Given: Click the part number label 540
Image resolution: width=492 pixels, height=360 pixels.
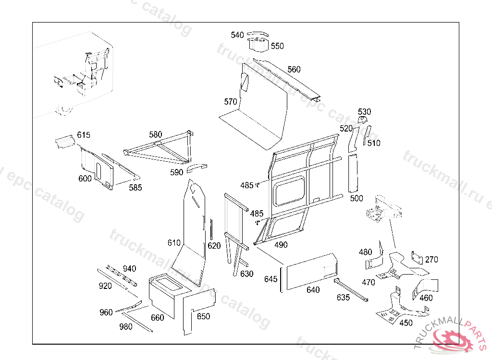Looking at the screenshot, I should coord(237,35).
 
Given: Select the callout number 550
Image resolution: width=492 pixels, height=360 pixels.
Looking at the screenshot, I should coord(277,46).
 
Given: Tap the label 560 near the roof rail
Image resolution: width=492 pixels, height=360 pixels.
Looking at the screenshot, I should coord(294,70).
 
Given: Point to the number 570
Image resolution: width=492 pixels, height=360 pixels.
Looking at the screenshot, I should coord(231,102).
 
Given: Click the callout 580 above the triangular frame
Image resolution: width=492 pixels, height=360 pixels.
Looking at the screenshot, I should coord(156,135).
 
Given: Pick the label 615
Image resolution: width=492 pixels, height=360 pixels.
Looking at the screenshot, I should coord(84,135).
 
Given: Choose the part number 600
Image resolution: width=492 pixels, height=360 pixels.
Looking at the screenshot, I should coord(85,179).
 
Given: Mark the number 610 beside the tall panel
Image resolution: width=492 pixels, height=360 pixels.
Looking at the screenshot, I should coord(174,243).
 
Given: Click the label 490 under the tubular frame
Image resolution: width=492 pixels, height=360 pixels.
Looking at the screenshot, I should coord(281,245).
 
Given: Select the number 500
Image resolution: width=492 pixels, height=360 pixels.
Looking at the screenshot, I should coord(357,199).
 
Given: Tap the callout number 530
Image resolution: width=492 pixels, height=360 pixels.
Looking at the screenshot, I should coord(365,112).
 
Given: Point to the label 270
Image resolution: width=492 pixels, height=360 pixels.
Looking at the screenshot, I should coord(431,260).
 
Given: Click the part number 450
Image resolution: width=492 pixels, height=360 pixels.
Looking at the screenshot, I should coord(406,323).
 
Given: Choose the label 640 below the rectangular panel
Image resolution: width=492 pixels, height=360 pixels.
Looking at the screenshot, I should coord(313,290).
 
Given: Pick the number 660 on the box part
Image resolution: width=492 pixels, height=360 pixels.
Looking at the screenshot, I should coord(157,318).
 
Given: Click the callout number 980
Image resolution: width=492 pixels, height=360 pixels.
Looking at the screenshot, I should coord(126,327).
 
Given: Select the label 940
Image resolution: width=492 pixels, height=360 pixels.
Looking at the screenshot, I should coord(129,268).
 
